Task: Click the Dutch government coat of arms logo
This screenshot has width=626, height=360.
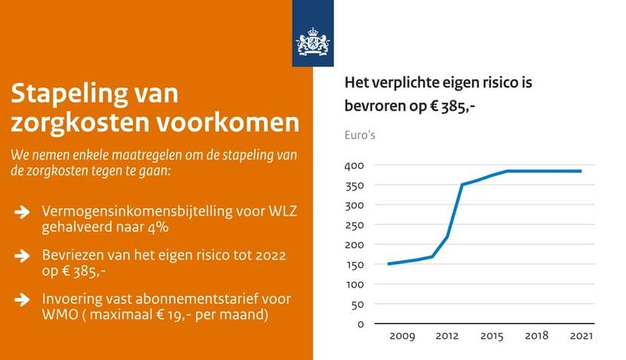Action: [313, 42]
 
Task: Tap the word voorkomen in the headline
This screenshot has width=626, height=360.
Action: [228, 123]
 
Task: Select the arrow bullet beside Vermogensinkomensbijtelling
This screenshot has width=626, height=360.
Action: [22, 212]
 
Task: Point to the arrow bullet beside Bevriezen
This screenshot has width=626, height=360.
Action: [22, 256]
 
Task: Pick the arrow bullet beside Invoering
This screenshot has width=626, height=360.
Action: [22, 300]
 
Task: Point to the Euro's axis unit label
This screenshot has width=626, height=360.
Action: [360, 135]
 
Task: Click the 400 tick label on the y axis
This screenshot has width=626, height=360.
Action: [354, 165]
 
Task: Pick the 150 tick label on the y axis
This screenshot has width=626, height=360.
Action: [355, 264]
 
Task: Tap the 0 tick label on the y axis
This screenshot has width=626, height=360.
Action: [361, 324]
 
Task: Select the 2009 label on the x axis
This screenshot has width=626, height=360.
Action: [402, 336]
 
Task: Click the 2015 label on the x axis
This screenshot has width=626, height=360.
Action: [492, 336]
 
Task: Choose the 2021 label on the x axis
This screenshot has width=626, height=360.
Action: [582, 336]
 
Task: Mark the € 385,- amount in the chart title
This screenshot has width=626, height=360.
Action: [453, 106]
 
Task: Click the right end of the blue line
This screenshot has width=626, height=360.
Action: [581, 171]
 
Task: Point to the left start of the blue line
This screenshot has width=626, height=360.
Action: [388, 264]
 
